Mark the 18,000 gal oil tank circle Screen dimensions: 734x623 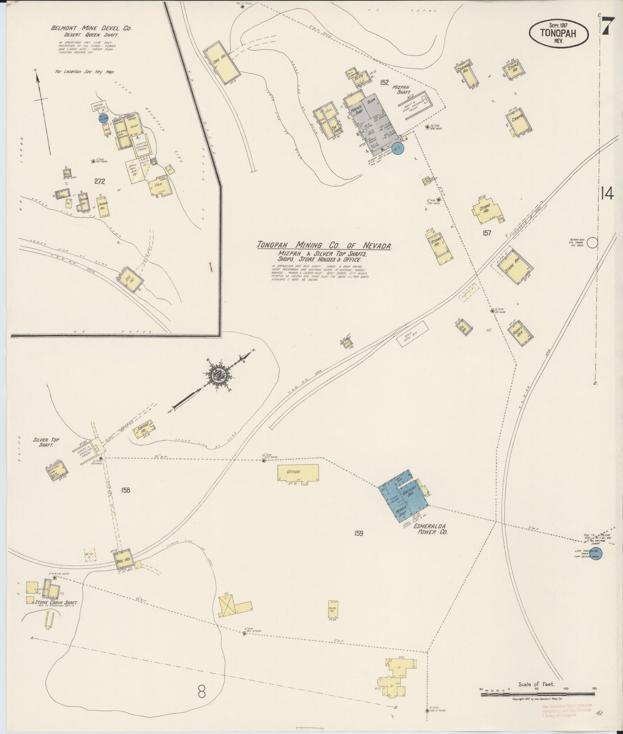point(593,243)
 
